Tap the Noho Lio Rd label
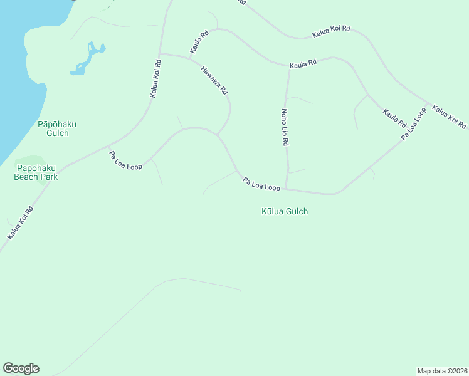click(284, 127)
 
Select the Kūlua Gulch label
click(285, 212)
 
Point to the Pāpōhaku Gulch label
click(57, 128)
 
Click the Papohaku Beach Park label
click(36, 172)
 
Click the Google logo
click(21, 368)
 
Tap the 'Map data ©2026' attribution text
click(442, 371)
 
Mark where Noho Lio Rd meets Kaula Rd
click(289, 67)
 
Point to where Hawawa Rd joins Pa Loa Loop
click(217, 135)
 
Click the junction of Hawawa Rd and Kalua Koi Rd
click(160, 53)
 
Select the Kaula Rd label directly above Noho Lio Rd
click(303, 64)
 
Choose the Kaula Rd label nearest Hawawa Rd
click(199, 41)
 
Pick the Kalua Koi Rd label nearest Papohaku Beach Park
click(20, 223)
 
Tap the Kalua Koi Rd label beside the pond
click(155, 78)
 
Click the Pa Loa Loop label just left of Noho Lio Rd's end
click(261, 184)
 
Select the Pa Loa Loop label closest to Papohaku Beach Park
click(125, 160)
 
